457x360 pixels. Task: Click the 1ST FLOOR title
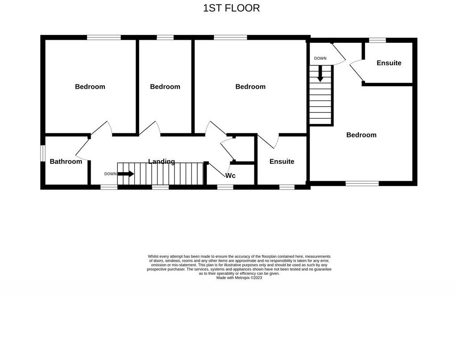pos(231,8)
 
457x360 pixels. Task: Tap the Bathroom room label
pos(66,161)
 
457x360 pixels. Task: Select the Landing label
pos(162,161)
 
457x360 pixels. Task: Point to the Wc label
pos(230,176)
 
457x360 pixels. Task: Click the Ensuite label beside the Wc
pos(282,161)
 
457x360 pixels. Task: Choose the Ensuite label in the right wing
pos(389,63)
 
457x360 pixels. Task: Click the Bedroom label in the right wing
pos(361,135)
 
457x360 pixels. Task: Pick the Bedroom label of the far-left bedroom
pos(90,87)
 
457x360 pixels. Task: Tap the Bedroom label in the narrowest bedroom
pos(165,87)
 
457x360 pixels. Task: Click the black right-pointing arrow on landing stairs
pos(125,174)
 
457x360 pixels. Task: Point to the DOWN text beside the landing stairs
pos(110,174)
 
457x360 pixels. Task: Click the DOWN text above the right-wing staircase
pos(320,58)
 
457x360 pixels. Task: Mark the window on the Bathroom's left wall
pos(43,153)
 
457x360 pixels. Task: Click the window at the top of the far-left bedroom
pos(104,38)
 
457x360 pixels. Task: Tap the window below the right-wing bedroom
pos(362,183)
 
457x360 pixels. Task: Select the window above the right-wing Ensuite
pos(378,40)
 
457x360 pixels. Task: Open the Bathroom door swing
pos(82,148)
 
